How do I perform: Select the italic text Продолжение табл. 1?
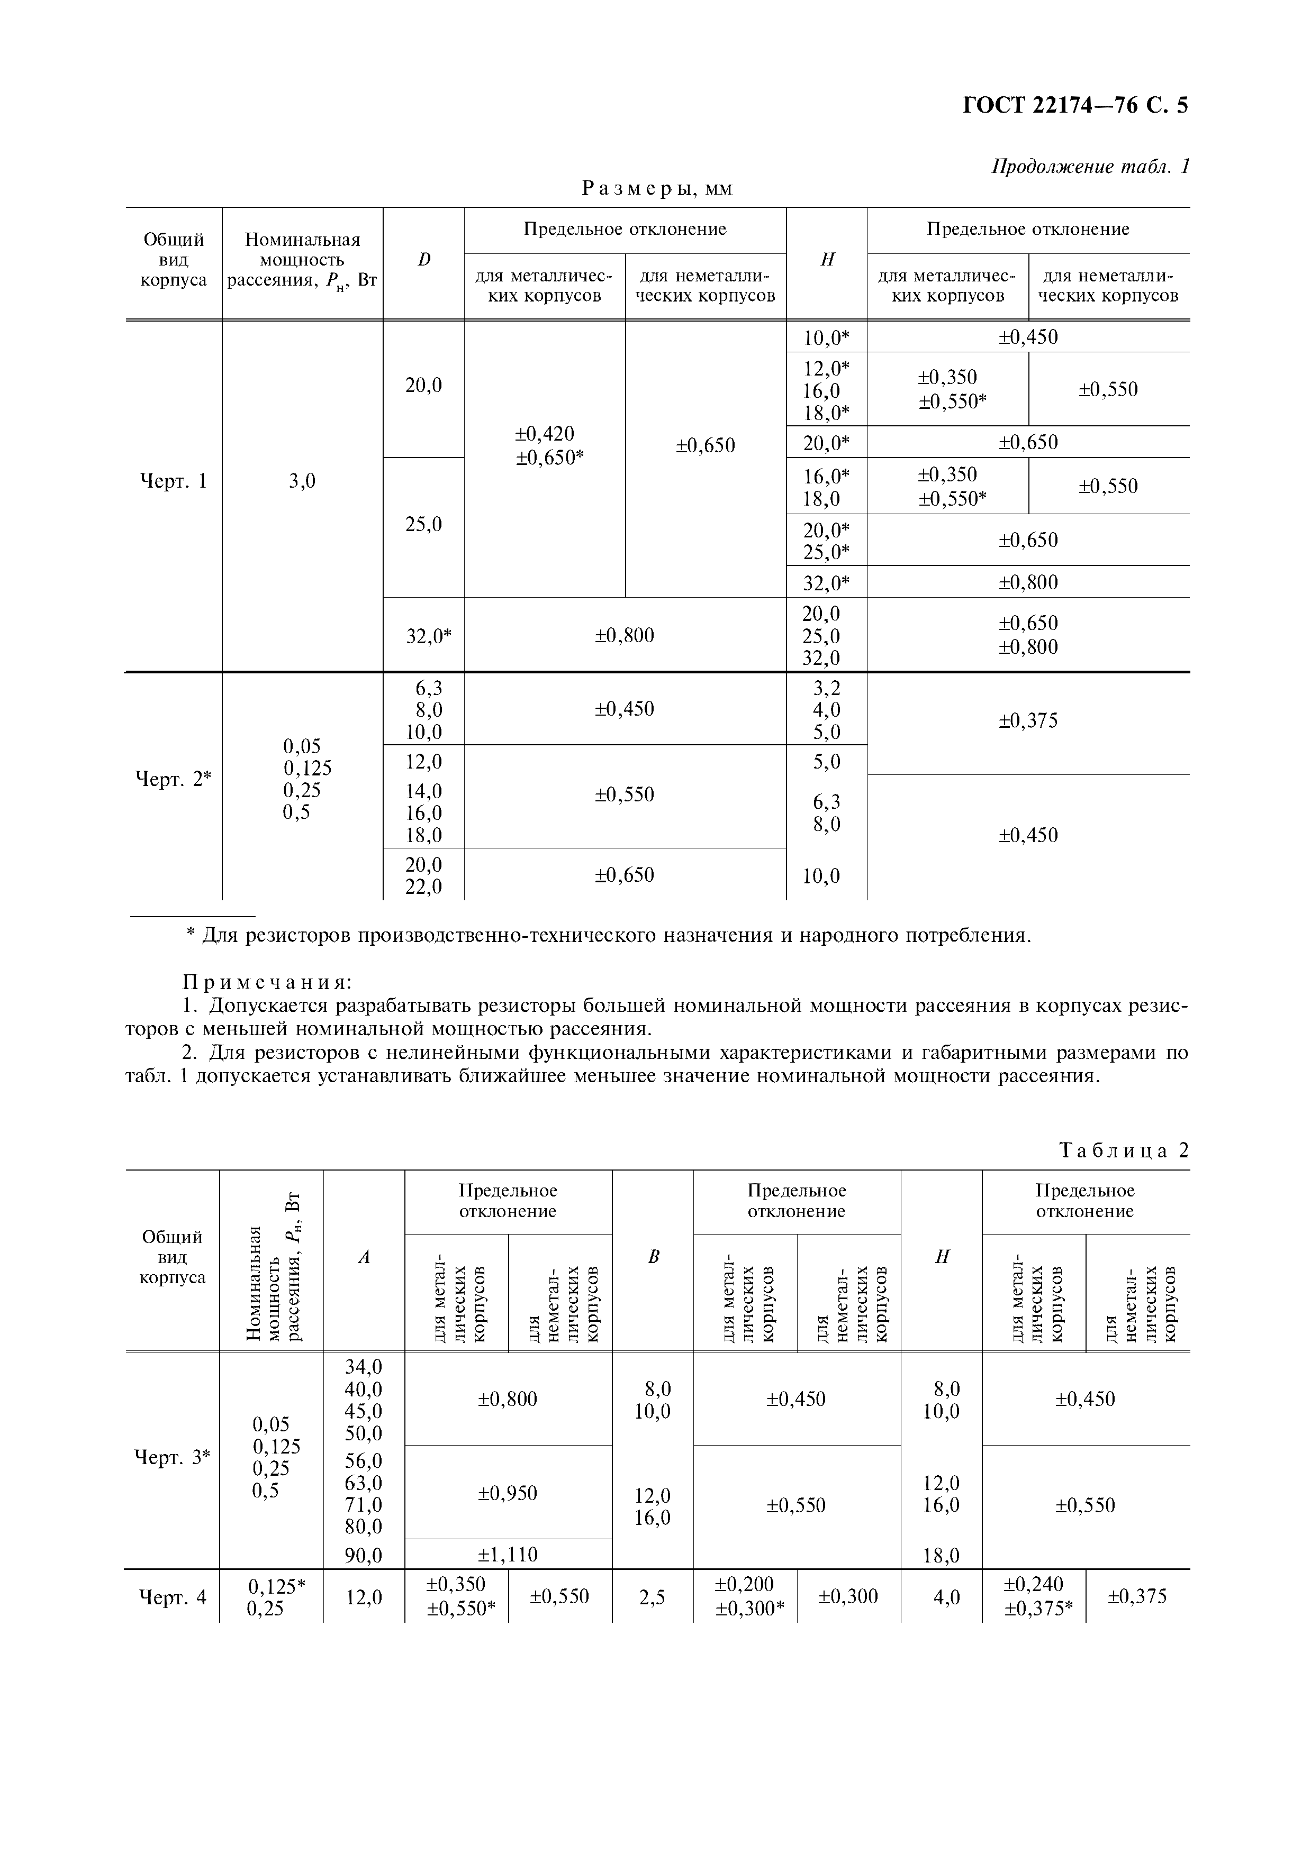pos(1090,167)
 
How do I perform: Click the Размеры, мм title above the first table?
pos(657,189)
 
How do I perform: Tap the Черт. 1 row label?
pos(173,481)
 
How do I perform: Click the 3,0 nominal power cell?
pos(302,481)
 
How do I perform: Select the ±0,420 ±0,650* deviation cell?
pos(549,446)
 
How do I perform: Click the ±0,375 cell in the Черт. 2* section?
pos(1028,720)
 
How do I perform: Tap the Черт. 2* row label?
pos(172,780)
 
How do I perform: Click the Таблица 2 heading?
pos(1124,1150)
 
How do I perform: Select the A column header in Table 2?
pos(364,1257)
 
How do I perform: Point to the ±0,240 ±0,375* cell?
pos(1033,1597)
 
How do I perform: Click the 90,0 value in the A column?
pos(363,1555)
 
